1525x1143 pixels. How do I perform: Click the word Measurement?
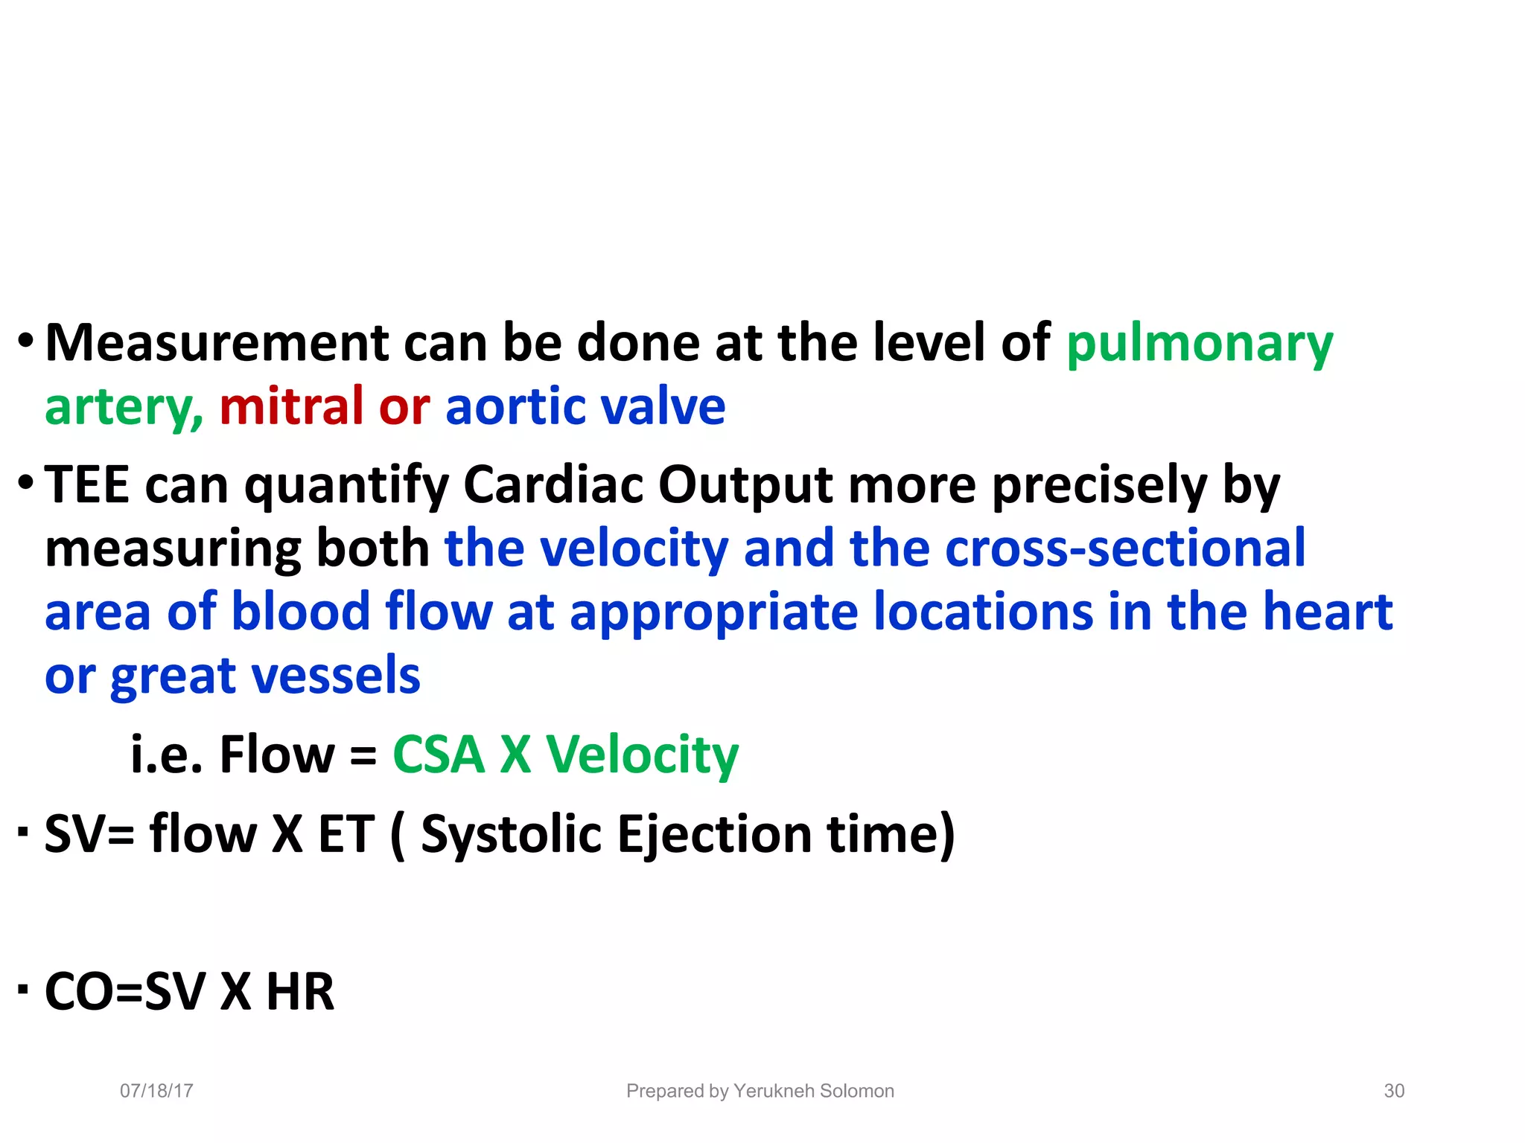point(217,343)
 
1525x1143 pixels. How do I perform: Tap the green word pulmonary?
point(1199,345)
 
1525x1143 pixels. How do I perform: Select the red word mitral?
point(291,407)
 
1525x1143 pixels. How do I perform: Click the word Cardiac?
point(553,484)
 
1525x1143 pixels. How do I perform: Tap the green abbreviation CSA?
point(438,754)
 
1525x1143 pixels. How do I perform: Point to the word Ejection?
point(714,834)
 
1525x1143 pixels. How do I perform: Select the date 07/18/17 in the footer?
point(156,1091)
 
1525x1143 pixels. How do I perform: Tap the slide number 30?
point(1394,1091)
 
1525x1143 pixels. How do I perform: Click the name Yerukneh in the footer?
point(774,1091)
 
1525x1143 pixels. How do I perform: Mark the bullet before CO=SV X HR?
point(24,989)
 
